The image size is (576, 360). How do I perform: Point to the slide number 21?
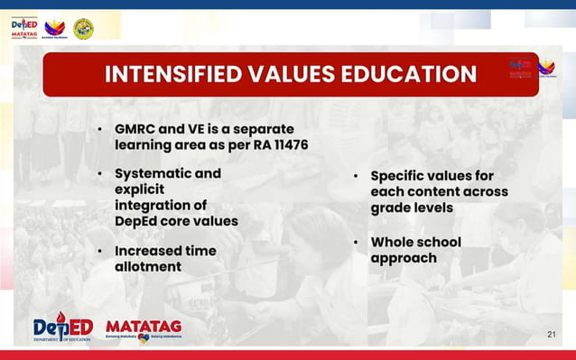tap(552, 335)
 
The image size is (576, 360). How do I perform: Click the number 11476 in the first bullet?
tap(272, 145)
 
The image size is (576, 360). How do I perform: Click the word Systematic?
tap(154, 173)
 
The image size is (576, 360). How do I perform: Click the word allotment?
tap(148, 267)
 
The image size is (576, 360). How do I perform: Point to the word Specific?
tap(401, 176)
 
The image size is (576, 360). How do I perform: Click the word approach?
tap(404, 258)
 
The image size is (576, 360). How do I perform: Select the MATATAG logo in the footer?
tap(144, 328)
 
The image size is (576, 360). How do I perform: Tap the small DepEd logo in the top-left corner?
tap(25, 28)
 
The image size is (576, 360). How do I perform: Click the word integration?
tap(148, 206)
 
